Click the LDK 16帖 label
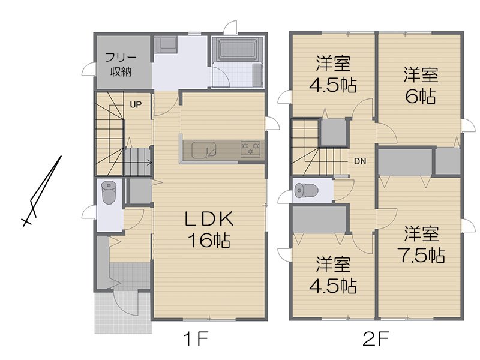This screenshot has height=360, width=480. (209, 229)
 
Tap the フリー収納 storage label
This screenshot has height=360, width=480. (121, 65)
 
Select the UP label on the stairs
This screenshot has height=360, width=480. (136, 104)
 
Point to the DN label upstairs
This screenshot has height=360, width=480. (360, 161)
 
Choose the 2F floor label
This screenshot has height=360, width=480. (376, 339)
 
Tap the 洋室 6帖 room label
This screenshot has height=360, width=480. (421, 85)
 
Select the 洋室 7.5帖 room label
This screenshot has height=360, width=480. (421, 244)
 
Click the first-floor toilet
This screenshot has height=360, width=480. (109, 192)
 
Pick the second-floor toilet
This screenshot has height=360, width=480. (307, 190)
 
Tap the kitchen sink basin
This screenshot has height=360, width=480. (204, 150)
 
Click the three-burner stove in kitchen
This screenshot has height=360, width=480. (250, 149)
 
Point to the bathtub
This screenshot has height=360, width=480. (238, 49)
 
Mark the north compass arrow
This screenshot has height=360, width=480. (42, 191)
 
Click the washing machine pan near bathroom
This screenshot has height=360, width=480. (165, 45)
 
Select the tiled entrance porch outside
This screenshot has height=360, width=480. (124, 312)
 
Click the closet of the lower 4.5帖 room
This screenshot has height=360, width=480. (319, 220)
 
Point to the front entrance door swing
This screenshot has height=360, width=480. (125, 303)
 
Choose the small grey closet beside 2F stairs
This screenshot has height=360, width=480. (333, 133)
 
